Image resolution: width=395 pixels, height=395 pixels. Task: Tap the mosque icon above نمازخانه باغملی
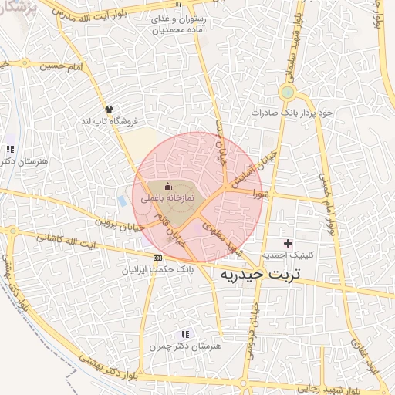[168, 186]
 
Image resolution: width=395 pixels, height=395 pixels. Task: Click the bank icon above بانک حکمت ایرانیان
[158, 258]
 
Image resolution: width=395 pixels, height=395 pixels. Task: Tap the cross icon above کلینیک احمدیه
[288, 244]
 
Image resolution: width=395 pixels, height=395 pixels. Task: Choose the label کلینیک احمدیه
[288, 255]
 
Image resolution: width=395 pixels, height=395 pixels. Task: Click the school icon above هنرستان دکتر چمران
[184, 334]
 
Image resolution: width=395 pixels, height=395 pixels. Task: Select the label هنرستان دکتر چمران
[185, 346]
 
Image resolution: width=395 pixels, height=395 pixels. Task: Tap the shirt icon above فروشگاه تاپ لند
[109, 110]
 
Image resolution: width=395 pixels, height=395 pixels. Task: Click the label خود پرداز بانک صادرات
[294, 113]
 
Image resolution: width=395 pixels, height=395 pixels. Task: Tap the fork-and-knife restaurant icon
[179, 6]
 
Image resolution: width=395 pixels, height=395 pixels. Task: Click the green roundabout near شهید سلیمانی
[288, 93]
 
